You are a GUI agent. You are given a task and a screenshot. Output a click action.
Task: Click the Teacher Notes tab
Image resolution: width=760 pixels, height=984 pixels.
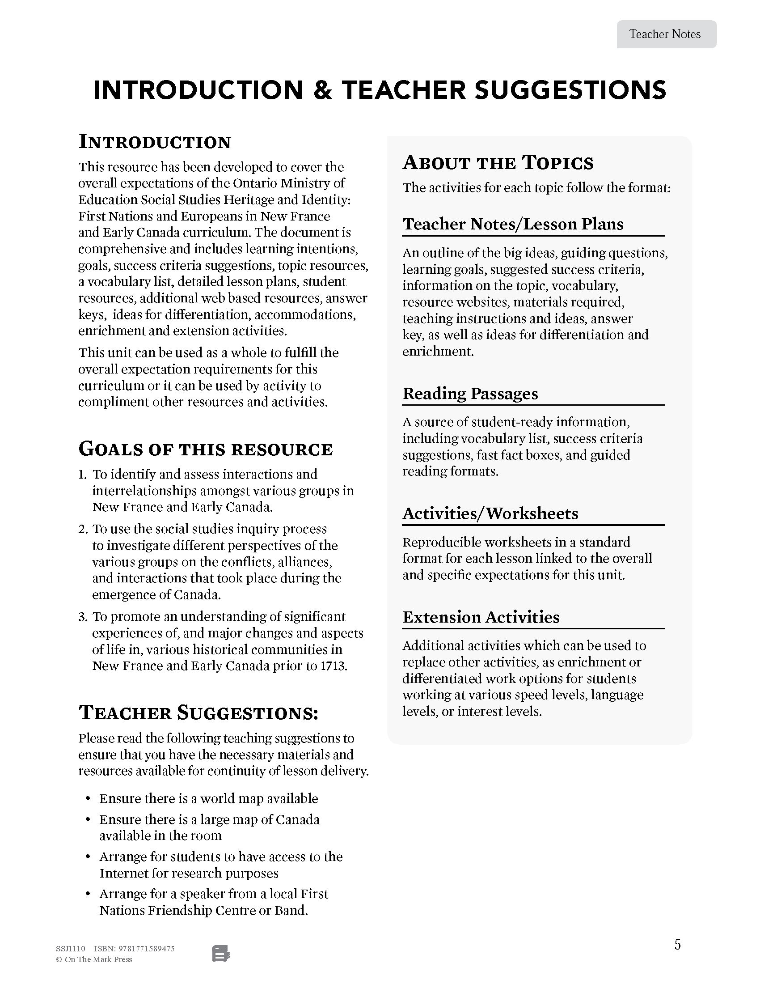point(666,34)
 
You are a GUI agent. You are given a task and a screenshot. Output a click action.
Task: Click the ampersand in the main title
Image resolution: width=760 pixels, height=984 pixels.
point(322,90)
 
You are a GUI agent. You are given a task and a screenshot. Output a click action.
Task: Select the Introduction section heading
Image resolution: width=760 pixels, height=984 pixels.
point(154,142)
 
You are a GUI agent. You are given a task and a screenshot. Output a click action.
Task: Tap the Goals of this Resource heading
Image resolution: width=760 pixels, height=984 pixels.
point(205,449)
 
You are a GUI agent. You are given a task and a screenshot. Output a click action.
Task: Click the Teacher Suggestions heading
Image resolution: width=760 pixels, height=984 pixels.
point(198,713)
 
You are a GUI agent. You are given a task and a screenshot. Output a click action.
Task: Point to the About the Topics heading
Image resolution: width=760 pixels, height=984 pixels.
point(498,163)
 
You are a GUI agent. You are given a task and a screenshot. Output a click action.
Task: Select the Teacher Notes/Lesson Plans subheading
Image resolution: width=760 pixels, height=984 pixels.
point(512,224)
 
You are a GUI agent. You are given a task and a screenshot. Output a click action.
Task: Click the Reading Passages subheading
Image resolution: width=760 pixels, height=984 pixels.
point(470,393)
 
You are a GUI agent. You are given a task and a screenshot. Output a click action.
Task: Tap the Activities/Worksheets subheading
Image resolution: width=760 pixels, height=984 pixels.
point(490,513)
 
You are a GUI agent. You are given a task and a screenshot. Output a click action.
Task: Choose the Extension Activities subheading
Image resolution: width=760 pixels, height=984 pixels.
point(481,617)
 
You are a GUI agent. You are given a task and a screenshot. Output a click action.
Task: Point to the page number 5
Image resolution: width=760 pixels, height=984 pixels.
point(677,944)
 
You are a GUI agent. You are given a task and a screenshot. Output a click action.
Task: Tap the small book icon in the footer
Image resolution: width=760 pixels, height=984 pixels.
point(220,954)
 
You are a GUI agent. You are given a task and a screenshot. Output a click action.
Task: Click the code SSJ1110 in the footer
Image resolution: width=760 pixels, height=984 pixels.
point(70,948)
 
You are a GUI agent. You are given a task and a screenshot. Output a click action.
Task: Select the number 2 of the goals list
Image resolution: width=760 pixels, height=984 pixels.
point(82,530)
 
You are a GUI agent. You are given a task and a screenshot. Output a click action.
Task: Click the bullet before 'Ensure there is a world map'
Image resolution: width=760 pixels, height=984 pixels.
point(88,799)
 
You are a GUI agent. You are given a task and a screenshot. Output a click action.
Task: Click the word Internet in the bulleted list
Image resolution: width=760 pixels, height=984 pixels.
point(124,873)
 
